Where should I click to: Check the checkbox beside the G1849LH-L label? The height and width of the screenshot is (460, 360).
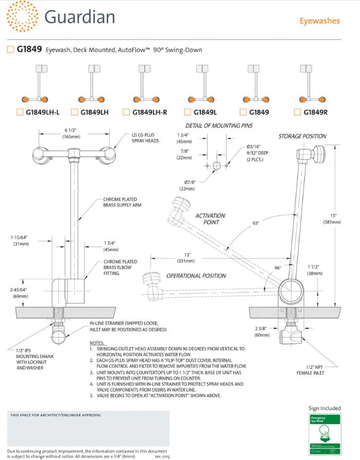tap(20, 112)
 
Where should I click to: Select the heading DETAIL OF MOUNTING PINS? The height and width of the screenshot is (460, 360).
tap(219, 126)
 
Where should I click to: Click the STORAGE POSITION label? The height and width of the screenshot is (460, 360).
tap(302, 136)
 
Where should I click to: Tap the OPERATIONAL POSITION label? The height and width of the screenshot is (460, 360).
tap(196, 276)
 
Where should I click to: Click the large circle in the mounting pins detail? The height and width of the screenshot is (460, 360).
tap(217, 166)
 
